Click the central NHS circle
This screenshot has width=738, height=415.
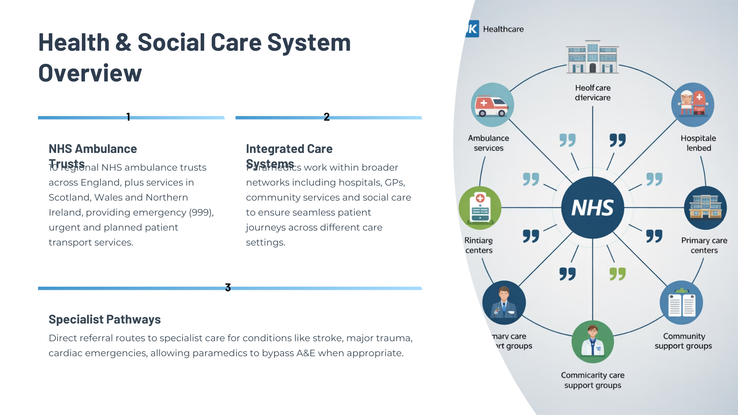pos(592,207)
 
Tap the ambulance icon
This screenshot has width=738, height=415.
pos(492,105)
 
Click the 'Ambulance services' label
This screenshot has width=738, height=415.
pos(488,143)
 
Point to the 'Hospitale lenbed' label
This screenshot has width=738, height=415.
pos(698,143)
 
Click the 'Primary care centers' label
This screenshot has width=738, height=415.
pos(704,245)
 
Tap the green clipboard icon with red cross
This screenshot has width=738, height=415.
pos(480,208)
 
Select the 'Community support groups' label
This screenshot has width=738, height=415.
pos(683,341)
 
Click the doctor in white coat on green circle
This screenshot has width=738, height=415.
pos(592,342)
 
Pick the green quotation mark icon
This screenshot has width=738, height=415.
pos(617,274)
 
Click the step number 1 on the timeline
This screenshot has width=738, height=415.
pos(128,117)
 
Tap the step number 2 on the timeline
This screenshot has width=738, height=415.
pos(326,117)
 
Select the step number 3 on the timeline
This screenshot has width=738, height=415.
pos(228,287)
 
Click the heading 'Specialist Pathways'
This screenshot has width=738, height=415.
pos(105,319)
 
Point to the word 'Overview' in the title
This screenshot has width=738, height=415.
pos(90,73)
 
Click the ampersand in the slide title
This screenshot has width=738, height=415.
pos(123,42)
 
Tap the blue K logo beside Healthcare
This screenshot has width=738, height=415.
pos(472,29)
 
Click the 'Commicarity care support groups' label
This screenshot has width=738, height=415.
pos(592,380)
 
